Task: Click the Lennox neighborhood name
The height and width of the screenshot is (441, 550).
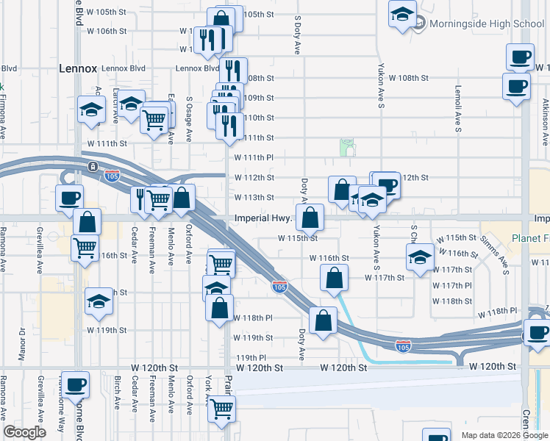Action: (78, 68)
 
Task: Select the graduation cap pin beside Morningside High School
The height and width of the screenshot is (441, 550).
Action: (402, 15)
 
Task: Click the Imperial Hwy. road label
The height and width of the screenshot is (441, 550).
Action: (264, 219)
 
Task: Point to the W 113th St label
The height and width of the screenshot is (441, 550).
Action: (254, 197)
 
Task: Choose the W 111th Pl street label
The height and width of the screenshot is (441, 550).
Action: (254, 157)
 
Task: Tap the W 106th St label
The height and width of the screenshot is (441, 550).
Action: (107, 31)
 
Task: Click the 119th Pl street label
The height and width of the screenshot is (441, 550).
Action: (250, 358)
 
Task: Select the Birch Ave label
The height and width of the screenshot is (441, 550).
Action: (117, 394)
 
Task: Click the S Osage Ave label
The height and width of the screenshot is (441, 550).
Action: (189, 111)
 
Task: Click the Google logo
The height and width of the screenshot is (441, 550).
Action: (24, 432)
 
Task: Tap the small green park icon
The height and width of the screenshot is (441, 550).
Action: (347, 148)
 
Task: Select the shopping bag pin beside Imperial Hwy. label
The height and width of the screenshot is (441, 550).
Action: (311, 217)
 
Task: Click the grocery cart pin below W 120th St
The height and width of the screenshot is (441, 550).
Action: (221, 409)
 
